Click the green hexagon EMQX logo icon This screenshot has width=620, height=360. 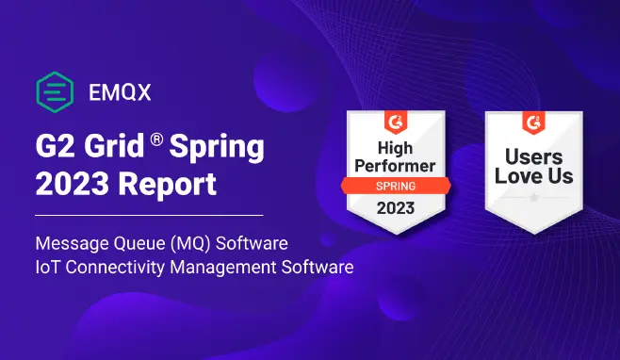tap(55, 92)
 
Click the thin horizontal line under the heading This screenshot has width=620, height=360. tap(149, 215)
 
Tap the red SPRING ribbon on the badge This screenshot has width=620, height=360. tap(396, 186)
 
